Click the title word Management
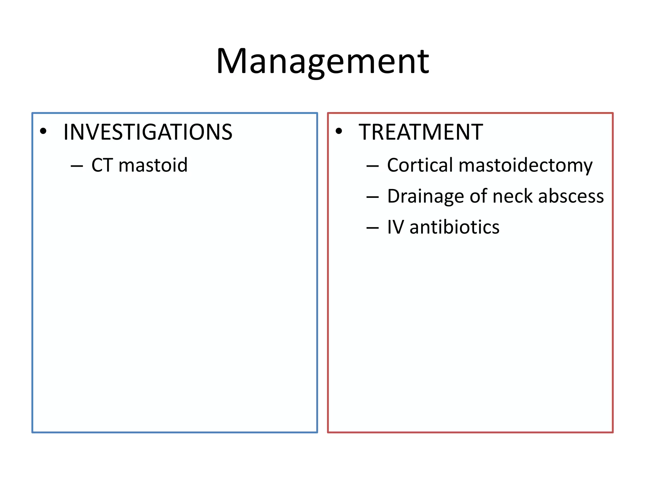[322, 61]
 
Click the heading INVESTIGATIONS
[148, 132]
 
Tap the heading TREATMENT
[421, 132]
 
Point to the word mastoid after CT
[153, 165]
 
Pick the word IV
[395, 227]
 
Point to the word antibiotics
[454, 227]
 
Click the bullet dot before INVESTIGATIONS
[43, 131]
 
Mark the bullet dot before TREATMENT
[339, 131]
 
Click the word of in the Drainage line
[478, 196]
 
